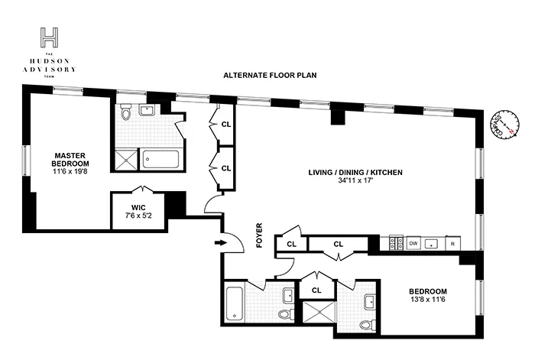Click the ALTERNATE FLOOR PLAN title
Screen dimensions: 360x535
pos(270,75)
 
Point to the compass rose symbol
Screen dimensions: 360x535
pos(503,125)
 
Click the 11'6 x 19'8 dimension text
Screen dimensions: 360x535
pos(70,172)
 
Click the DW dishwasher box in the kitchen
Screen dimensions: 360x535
pos(413,243)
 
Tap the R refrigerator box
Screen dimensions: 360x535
pos(453,243)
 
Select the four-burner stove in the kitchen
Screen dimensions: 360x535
pos(397,243)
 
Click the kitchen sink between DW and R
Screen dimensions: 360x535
pos(433,243)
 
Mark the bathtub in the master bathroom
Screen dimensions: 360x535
pos(160,160)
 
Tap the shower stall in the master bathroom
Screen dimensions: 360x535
pos(125,160)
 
